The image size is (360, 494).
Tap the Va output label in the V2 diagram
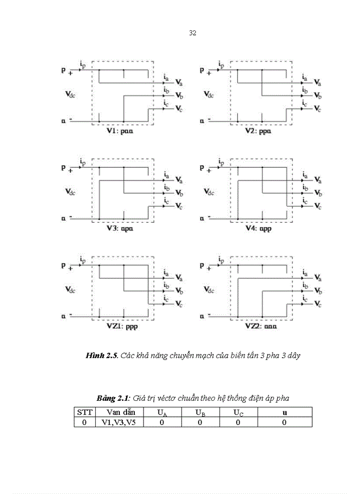(x=318, y=82)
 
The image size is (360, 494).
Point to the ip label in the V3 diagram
(x=83, y=162)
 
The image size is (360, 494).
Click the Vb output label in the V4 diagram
(x=318, y=193)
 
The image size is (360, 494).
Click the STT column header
(x=84, y=412)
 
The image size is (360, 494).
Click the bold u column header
(x=284, y=412)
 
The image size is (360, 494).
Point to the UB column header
(x=200, y=412)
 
